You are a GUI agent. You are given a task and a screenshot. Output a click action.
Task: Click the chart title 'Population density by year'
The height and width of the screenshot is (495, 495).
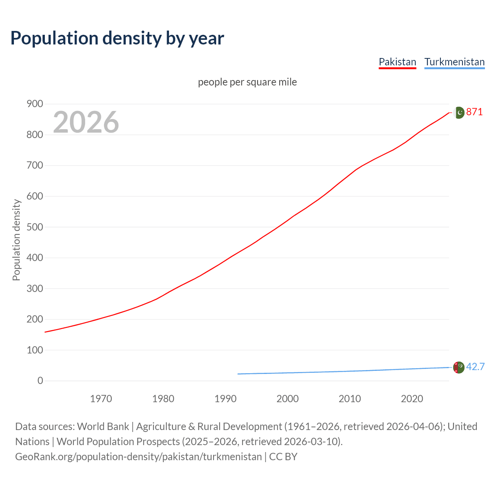point(117,38)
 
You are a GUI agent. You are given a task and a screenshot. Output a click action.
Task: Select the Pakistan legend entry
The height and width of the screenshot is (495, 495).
point(397,62)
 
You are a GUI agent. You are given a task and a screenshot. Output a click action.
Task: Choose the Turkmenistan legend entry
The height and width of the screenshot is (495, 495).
point(454,62)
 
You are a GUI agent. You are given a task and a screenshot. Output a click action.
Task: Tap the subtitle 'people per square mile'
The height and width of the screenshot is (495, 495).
point(247,82)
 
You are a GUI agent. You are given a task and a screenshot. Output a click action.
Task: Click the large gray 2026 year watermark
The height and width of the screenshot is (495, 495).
point(86,122)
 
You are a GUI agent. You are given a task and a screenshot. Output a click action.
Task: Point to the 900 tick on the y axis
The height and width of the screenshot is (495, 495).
point(35,104)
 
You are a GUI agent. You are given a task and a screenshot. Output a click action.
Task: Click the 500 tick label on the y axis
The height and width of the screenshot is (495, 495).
point(35,227)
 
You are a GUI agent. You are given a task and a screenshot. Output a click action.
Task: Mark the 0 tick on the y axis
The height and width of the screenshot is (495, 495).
point(40,381)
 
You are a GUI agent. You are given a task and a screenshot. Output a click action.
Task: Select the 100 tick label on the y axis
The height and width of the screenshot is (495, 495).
point(35,350)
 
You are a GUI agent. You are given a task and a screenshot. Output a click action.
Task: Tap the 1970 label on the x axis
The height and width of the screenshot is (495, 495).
point(101,399)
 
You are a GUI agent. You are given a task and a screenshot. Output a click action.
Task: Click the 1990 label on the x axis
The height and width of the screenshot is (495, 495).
point(225,399)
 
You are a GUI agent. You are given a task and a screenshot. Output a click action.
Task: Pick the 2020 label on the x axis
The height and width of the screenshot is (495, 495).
point(412,399)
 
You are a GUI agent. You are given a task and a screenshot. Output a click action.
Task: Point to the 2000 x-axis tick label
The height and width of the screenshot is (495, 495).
point(287,399)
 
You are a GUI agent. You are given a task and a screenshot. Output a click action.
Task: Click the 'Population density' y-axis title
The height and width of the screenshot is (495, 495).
point(16,240)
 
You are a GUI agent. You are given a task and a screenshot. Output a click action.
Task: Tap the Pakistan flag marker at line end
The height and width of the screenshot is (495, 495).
point(459,113)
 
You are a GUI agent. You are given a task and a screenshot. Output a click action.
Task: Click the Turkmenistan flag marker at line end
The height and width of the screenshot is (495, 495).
point(459,367)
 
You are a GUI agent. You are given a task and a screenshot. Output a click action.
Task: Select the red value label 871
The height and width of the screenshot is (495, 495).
point(475,112)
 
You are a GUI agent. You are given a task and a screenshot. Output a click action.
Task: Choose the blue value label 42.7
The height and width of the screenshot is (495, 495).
point(475,367)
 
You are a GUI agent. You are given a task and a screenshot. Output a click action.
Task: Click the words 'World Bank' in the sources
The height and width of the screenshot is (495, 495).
point(103,427)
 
